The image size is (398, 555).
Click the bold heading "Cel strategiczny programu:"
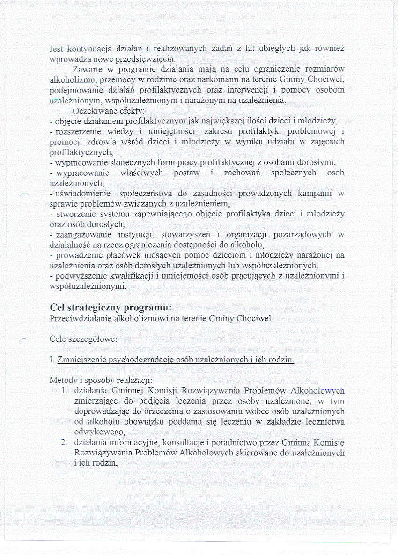[111, 308]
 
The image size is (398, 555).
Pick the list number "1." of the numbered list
[66, 391]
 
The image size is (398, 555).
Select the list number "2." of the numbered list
[66, 442]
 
